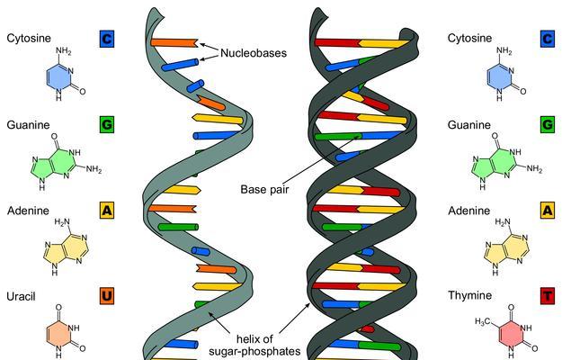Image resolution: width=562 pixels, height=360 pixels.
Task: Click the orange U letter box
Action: click(x=107, y=296)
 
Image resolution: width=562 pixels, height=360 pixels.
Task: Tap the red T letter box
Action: click(x=548, y=296)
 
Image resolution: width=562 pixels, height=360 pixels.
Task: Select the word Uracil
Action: click(x=22, y=296)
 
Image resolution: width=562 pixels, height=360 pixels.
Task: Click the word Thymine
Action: click(x=470, y=295)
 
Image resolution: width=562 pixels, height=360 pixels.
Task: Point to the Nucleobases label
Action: click(x=254, y=53)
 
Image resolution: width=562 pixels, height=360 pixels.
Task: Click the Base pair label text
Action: click(x=264, y=189)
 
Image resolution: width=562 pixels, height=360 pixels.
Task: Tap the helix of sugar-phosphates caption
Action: click(x=254, y=345)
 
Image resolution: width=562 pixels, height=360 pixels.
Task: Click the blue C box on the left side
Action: click(x=107, y=39)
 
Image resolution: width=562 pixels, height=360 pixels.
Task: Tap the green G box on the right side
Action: click(x=548, y=124)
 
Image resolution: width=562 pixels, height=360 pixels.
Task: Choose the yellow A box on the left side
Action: click(x=107, y=211)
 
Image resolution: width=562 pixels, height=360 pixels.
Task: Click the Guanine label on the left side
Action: click(x=28, y=125)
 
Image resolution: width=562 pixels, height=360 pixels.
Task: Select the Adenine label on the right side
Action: click(x=468, y=211)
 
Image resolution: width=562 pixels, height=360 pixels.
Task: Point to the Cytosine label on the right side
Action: click(x=469, y=39)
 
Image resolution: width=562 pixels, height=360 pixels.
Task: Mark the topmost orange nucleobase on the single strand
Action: click(x=174, y=42)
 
